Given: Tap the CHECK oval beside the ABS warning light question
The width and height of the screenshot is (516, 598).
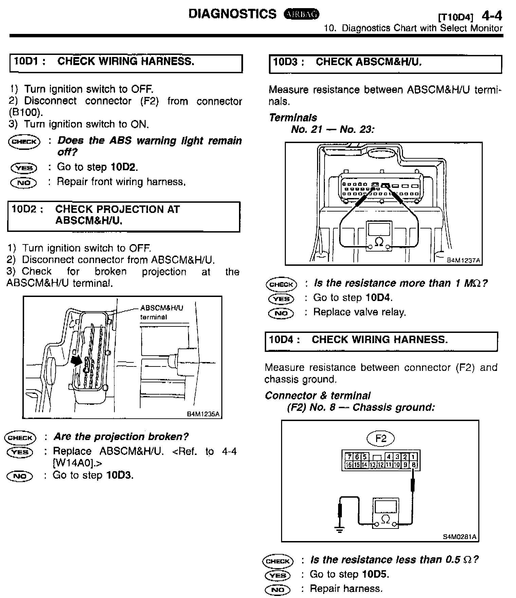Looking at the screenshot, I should (x=24, y=141).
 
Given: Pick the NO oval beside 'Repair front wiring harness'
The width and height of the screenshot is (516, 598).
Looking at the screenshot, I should (x=23, y=183).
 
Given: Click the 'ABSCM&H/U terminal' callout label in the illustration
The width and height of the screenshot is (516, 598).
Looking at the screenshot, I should (x=162, y=312).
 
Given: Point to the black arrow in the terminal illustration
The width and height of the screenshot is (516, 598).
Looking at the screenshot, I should (x=77, y=360).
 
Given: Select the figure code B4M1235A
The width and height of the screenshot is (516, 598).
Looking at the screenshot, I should (x=203, y=414).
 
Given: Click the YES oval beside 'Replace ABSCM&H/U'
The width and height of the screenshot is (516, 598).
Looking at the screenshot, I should (x=20, y=452).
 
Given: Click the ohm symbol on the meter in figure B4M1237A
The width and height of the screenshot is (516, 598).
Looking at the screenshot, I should (x=379, y=241).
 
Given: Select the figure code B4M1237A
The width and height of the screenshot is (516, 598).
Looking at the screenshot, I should (x=463, y=260).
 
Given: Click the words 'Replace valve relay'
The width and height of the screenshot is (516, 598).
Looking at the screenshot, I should (x=359, y=312).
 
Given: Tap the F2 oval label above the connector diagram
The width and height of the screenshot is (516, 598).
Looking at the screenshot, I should (x=381, y=439).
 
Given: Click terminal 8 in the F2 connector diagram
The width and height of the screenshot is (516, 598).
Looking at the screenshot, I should (x=414, y=465).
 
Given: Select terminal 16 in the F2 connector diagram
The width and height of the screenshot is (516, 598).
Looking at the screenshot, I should (x=349, y=465).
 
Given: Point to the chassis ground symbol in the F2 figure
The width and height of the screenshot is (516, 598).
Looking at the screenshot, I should (x=339, y=529).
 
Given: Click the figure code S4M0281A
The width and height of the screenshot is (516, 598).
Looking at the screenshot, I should (x=459, y=537).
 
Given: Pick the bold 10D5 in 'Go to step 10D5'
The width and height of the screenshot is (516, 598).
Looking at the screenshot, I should (x=375, y=574).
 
